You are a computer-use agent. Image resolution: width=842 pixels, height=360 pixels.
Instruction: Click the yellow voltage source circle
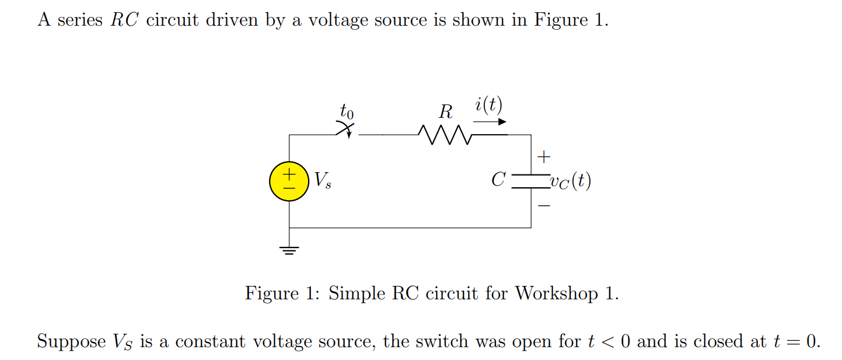coord(289,181)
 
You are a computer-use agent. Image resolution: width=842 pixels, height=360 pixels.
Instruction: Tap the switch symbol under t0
coord(347,131)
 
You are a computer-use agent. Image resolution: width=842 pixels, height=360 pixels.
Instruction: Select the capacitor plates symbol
coord(530,181)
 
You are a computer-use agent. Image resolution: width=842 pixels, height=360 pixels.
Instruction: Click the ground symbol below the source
coord(289,251)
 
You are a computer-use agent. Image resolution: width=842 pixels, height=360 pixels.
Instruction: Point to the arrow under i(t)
coord(490,122)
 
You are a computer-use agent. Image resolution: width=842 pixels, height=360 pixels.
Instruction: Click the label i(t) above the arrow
coord(488,106)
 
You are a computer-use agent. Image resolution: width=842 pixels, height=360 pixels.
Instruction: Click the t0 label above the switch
coord(347,110)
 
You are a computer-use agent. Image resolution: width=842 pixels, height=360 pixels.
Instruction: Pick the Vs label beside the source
coord(323,180)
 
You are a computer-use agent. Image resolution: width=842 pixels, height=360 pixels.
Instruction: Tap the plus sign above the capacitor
coord(543,157)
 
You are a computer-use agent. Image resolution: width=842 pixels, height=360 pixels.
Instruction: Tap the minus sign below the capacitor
coord(543,206)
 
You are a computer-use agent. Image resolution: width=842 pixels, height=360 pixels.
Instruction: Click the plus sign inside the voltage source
coord(289,174)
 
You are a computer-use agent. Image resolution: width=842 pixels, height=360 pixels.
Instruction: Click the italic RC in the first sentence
coord(123,20)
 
